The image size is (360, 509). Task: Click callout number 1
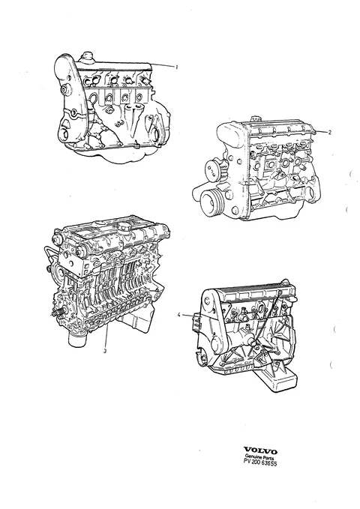tap(176, 67)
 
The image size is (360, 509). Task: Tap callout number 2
tap(329, 132)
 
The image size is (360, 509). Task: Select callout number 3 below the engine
tap(104, 351)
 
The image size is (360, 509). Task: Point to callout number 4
tap(178, 314)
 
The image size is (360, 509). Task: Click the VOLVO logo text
tap(260, 451)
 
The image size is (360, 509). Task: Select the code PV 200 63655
tap(260, 463)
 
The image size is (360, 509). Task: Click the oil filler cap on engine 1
tap(86, 55)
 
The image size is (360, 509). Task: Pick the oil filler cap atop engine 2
tap(256, 118)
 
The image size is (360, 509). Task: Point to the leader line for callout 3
tap(106, 337)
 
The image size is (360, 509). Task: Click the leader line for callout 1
tap(162, 65)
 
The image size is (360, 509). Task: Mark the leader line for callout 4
tap(190, 316)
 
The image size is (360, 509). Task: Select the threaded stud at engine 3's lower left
tap(56, 314)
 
